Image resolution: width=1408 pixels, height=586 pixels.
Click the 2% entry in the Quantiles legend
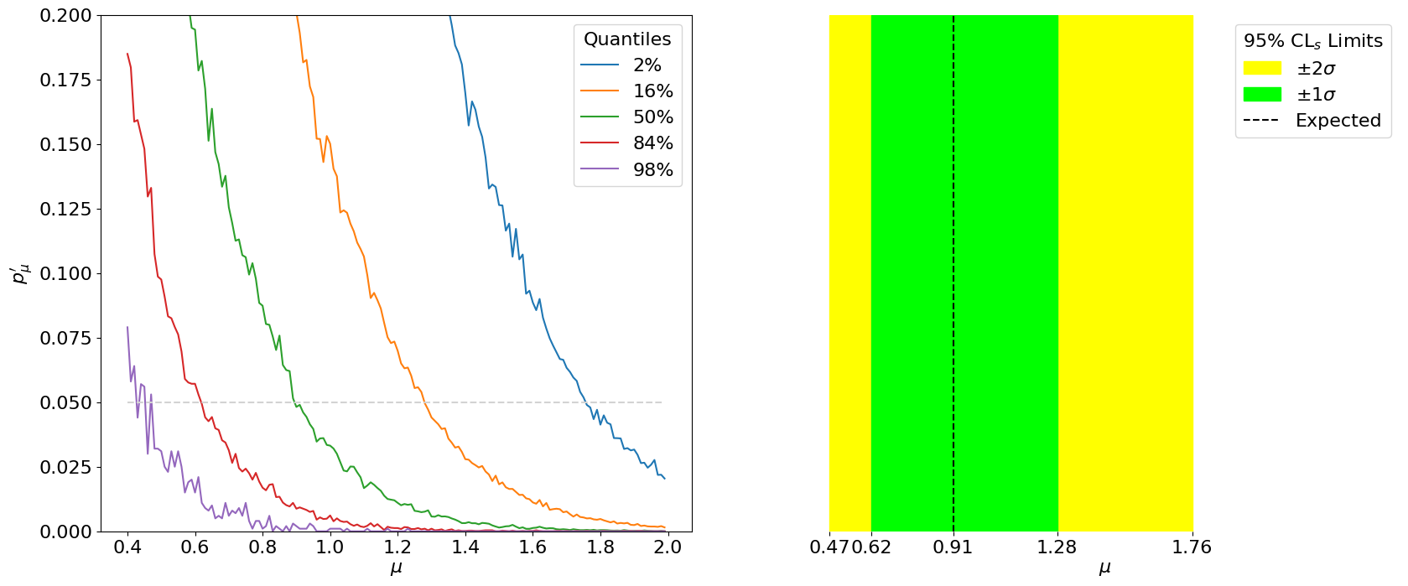click(647, 65)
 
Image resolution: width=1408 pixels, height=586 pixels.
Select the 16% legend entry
click(652, 91)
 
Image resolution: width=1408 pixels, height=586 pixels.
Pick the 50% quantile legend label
click(652, 117)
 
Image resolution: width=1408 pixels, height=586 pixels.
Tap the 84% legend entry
click(652, 143)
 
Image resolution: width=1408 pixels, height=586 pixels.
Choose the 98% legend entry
click(652, 170)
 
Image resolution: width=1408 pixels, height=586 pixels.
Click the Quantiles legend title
click(627, 39)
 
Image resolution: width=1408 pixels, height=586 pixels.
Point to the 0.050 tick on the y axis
click(65, 403)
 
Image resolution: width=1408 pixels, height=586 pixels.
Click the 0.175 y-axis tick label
click(65, 80)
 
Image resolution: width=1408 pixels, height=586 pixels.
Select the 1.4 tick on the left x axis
click(465, 547)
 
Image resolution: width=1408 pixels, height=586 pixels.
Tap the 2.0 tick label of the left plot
click(668, 547)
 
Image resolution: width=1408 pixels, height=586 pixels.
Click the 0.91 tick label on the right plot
click(953, 547)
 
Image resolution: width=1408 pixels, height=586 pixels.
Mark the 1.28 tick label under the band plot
click(1057, 547)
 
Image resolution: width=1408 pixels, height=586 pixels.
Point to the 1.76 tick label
click(1192, 547)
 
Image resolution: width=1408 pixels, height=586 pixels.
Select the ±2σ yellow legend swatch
click(1262, 68)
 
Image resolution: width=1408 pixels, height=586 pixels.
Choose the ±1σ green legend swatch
click(1262, 94)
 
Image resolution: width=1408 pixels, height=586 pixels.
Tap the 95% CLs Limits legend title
click(1312, 41)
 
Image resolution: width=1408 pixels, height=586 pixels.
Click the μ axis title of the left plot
click(397, 568)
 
